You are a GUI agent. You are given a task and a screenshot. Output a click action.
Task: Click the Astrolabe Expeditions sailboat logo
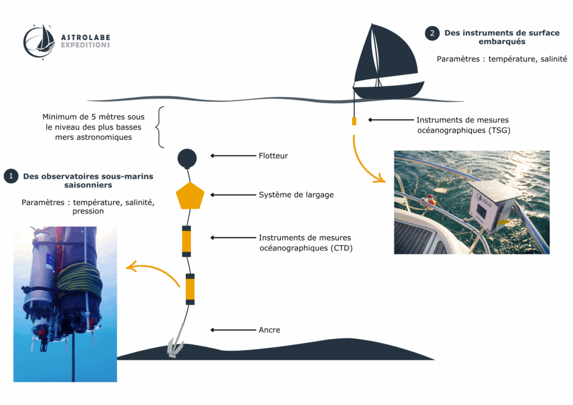coord(40,41)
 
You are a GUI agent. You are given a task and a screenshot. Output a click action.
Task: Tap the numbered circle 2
coord(432,33)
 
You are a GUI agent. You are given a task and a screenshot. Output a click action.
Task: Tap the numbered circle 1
coord(11,176)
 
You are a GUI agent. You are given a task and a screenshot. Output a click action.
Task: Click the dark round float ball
coord(187,158)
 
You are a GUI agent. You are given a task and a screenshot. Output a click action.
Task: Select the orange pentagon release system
coord(190,196)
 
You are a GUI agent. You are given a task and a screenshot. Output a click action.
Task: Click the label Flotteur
coord(273,156)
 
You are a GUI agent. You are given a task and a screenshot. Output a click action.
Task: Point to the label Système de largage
coord(296,195)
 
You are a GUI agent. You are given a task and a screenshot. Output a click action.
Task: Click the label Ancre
coord(269,330)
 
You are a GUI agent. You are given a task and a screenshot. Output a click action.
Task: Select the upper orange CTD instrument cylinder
coord(186,241)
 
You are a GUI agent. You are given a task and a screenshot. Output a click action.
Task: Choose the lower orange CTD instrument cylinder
coord(190,289)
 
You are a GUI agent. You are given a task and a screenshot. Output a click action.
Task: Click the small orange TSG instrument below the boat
coord(354,121)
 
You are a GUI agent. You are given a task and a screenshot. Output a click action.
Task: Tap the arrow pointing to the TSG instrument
coord(391,120)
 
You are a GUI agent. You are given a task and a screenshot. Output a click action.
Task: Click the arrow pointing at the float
coord(233,156)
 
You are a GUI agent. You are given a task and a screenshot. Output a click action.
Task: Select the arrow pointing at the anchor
coord(233,330)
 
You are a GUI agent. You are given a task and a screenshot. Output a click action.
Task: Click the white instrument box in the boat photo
coord(490,205)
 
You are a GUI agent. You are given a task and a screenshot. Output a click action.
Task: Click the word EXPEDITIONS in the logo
coord(85,45)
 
